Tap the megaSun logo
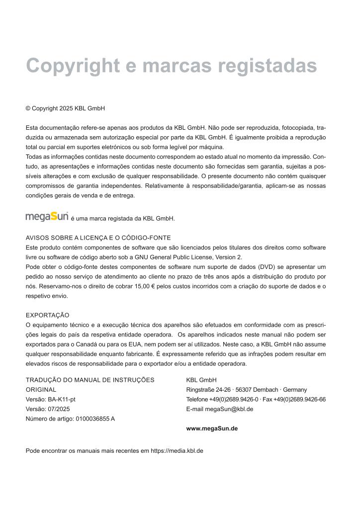pos(47,217)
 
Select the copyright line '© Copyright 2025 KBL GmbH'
pos(65,108)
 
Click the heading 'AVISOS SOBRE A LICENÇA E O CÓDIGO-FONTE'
pos(98,238)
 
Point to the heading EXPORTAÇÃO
pos(47,315)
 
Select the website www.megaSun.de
pos(212,428)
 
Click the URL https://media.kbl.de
pos(177,451)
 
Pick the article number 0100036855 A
pos(95,419)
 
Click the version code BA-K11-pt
pos(62,400)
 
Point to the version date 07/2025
pos(59,409)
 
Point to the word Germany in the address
pos(295,390)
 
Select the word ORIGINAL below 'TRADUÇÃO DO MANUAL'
pos(41,390)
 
